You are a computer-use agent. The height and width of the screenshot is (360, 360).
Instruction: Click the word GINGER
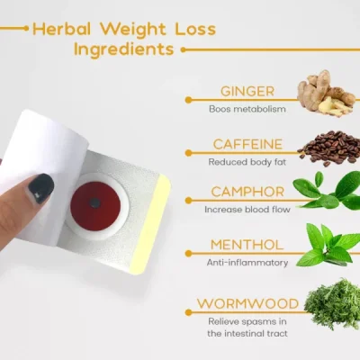tap(247, 91)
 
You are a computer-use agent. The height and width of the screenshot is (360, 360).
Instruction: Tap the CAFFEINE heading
tap(247, 144)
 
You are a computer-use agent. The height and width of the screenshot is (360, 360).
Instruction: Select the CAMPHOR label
tap(247, 192)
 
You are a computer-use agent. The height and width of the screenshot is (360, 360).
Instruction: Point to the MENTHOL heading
tap(247, 245)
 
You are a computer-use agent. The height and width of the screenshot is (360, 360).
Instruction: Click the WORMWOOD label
tap(247, 303)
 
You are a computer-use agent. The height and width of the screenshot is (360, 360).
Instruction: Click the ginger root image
tap(326, 93)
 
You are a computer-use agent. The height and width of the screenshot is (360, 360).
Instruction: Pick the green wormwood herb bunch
tap(332, 304)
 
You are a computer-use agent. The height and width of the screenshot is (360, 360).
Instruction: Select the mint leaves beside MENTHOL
tap(329, 246)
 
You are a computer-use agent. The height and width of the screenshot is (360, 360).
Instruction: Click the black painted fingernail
tap(41, 189)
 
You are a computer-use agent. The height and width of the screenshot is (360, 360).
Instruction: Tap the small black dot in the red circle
tap(95, 203)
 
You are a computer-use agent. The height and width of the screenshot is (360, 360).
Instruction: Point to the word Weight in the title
tap(132, 29)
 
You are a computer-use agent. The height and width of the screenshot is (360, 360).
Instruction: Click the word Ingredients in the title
tap(124, 49)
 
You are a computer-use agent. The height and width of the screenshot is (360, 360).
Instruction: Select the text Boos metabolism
tap(247, 109)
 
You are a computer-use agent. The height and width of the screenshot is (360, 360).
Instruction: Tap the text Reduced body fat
tap(247, 162)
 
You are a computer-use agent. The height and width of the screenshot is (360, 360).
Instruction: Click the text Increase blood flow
tap(247, 209)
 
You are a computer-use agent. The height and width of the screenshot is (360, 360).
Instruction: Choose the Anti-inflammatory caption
tap(247, 263)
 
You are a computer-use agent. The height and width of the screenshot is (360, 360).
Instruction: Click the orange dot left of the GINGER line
tap(188, 100)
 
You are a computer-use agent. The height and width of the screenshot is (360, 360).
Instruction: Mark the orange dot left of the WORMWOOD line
tap(188, 312)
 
